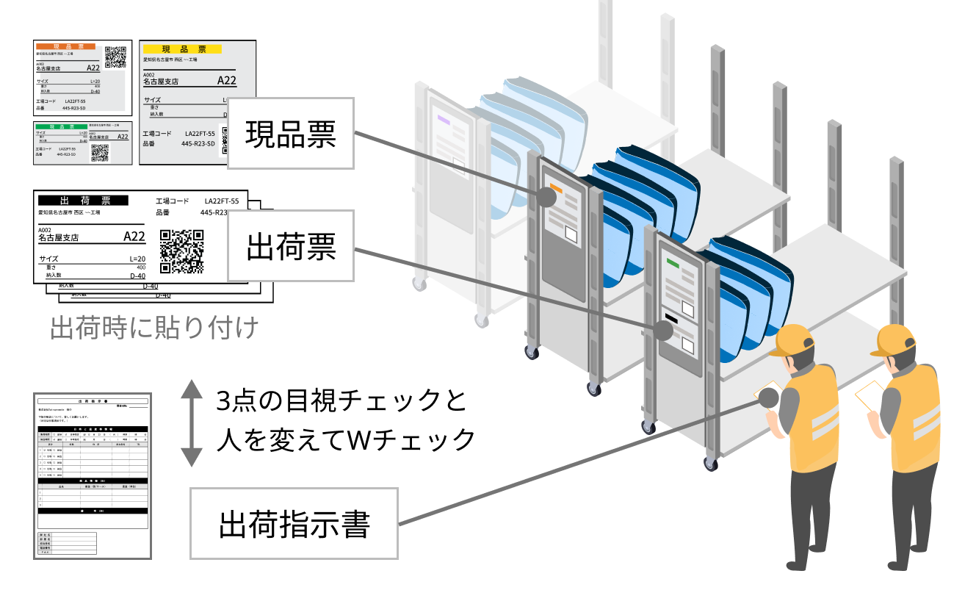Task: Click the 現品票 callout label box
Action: pos(291,133)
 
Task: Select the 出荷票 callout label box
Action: pos(291,246)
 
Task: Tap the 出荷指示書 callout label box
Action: pos(294,523)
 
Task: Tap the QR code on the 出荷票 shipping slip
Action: pos(181,251)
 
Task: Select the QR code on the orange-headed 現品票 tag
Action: pos(115,57)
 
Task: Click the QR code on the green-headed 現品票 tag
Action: pos(99,153)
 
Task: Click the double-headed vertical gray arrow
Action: pos(191,423)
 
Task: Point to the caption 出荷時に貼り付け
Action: pos(154,328)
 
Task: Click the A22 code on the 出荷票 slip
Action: pos(134,236)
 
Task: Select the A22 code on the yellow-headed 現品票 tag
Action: pos(227,80)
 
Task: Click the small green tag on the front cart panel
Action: pos(671,261)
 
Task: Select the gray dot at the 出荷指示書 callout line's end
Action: pos(768,398)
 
